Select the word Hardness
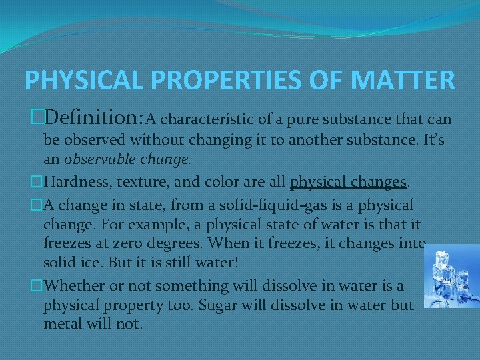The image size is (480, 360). click(73, 182)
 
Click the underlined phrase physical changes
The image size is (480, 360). click(348, 182)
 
